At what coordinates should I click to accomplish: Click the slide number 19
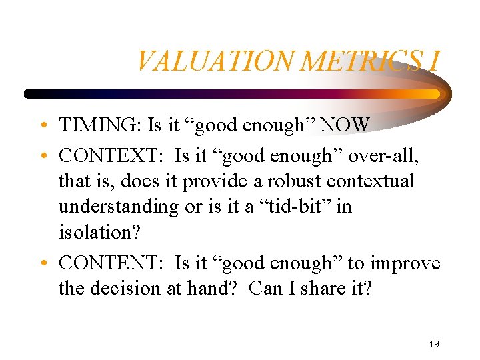click(434, 344)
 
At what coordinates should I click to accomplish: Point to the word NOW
click(352, 125)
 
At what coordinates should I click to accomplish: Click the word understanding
click(119, 207)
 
